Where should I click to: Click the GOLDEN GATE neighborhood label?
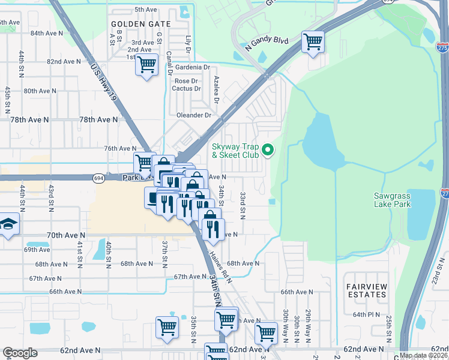(x=140, y=24)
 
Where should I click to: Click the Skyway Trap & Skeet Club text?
(x=235, y=151)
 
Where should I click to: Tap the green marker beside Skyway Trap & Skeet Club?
(x=268, y=150)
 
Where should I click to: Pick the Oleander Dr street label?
(x=194, y=115)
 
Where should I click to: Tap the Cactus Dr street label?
(x=186, y=89)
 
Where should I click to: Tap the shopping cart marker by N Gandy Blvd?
(x=312, y=42)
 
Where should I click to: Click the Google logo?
(x=20, y=353)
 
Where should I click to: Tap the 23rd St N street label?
(x=439, y=270)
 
